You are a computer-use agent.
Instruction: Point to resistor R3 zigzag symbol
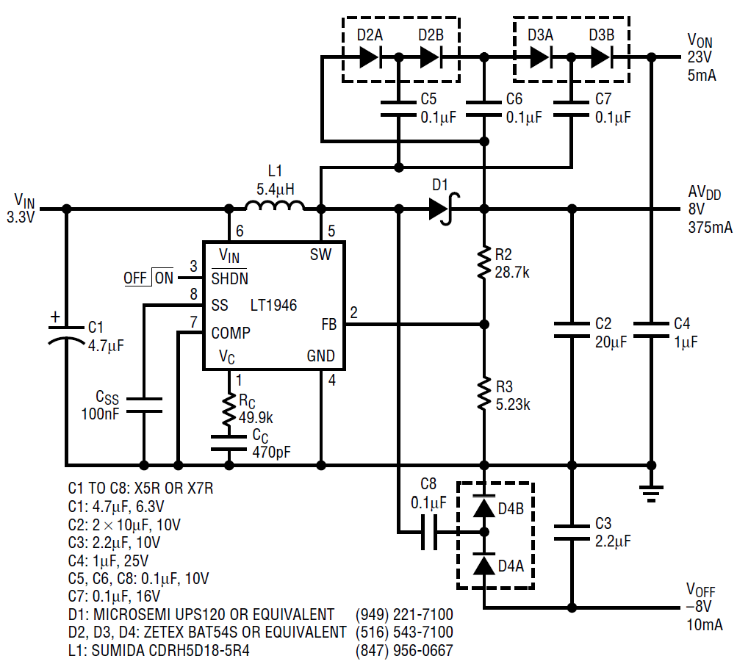pos(483,394)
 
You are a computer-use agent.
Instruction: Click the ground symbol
pos(650,490)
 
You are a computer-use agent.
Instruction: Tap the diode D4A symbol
pos(483,566)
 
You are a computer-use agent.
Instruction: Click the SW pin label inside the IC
pos(321,255)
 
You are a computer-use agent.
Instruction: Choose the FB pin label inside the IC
pos(328,324)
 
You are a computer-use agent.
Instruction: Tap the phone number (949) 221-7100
pos(404,614)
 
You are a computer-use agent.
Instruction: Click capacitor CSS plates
pos(143,405)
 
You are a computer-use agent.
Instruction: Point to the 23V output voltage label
pos(700,57)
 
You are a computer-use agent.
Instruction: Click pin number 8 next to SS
pos(193,295)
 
